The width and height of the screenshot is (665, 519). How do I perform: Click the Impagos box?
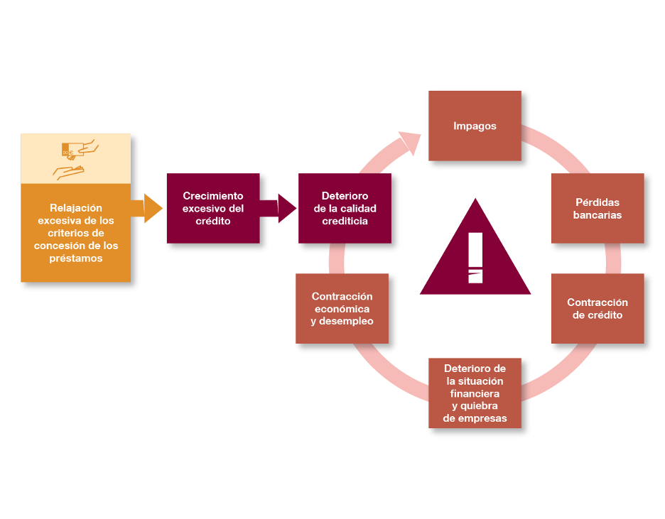(x=475, y=126)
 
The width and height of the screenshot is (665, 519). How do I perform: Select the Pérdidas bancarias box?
(x=598, y=208)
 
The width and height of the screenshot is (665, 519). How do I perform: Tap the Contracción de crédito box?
(x=598, y=309)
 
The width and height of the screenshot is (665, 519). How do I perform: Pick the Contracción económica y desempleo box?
(x=342, y=309)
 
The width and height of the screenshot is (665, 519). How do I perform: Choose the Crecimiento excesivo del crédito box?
(x=213, y=208)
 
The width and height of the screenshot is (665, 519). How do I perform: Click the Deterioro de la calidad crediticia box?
(x=345, y=208)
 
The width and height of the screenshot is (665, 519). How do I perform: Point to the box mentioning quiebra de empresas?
(x=475, y=393)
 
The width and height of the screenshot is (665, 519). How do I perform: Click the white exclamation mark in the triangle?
(x=475, y=257)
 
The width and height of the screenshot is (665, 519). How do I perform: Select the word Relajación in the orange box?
(x=76, y=207)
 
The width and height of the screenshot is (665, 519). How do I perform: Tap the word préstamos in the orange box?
(x=76, y=258)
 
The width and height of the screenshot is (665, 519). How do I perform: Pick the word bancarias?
(x=598, y=215)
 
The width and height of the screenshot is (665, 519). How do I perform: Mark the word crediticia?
(x=345, y=221)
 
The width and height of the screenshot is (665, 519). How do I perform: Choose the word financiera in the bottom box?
(x=475, y=393)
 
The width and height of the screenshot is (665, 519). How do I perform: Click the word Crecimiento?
(x=213, y=195)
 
